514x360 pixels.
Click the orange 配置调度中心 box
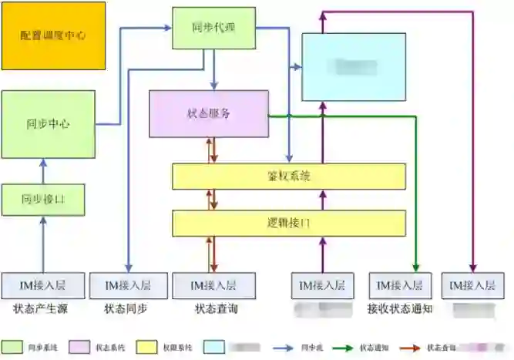[x=53, y=36]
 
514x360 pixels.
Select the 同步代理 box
[x=213, y=29]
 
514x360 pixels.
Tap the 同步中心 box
[x=48, y=123]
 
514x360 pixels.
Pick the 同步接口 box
[x=43, y=199]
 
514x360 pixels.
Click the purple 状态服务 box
[x=209, y=113]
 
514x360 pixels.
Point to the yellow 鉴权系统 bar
[x=288, y=177]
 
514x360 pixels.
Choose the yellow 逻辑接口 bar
[x=288, y=223]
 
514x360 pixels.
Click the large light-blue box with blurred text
[x=354, y=67]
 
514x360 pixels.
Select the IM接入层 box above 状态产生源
[x=43, y=285]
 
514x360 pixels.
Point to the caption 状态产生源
[x=42, y=310]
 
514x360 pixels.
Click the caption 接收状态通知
[x=400, y=310]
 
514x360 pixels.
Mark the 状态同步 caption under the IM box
[x=126, y=310]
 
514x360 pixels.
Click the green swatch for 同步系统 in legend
[x=12, y=347]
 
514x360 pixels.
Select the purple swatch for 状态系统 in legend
[x=80, y=347]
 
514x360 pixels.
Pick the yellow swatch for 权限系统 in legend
[x=148, y=347]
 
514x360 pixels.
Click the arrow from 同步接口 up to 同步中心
[x=43, y=170]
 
